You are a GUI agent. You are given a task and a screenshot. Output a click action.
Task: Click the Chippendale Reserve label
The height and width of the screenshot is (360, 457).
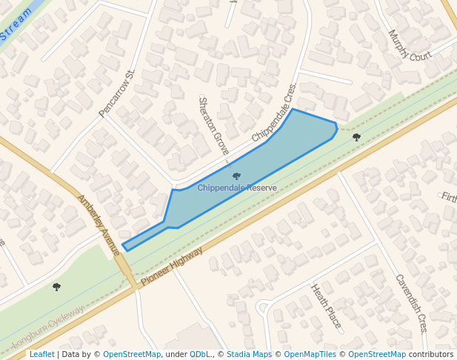(237, 188)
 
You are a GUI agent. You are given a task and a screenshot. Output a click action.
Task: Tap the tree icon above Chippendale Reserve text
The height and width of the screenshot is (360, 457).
(236, 176)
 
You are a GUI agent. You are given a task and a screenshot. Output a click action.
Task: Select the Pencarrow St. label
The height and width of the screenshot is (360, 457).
(118, 94)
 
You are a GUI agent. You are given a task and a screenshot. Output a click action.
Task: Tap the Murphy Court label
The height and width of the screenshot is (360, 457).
(410, 46)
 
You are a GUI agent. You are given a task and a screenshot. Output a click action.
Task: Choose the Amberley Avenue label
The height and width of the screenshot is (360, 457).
(99, 225)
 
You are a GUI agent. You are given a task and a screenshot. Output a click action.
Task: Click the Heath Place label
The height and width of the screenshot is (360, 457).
(326, 306)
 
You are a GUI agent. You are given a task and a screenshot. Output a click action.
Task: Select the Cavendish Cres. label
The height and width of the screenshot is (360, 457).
(412, 303)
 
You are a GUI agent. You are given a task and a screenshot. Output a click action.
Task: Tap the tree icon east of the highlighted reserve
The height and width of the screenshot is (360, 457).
(356, 137)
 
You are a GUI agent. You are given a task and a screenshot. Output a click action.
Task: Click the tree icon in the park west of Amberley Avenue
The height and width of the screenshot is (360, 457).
(56, 287)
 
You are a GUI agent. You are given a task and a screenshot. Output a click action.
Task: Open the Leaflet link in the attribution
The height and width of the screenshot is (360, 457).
(41, 354)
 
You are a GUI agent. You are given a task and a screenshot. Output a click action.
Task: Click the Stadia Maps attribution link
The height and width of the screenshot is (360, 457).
(249, 354)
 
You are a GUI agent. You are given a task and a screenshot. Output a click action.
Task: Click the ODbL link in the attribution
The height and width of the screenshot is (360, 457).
(200, 354)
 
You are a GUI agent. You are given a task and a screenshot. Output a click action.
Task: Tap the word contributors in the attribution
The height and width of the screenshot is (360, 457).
(431, 354)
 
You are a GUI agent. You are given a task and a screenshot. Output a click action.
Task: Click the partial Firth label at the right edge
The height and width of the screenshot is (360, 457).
(449, 197)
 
